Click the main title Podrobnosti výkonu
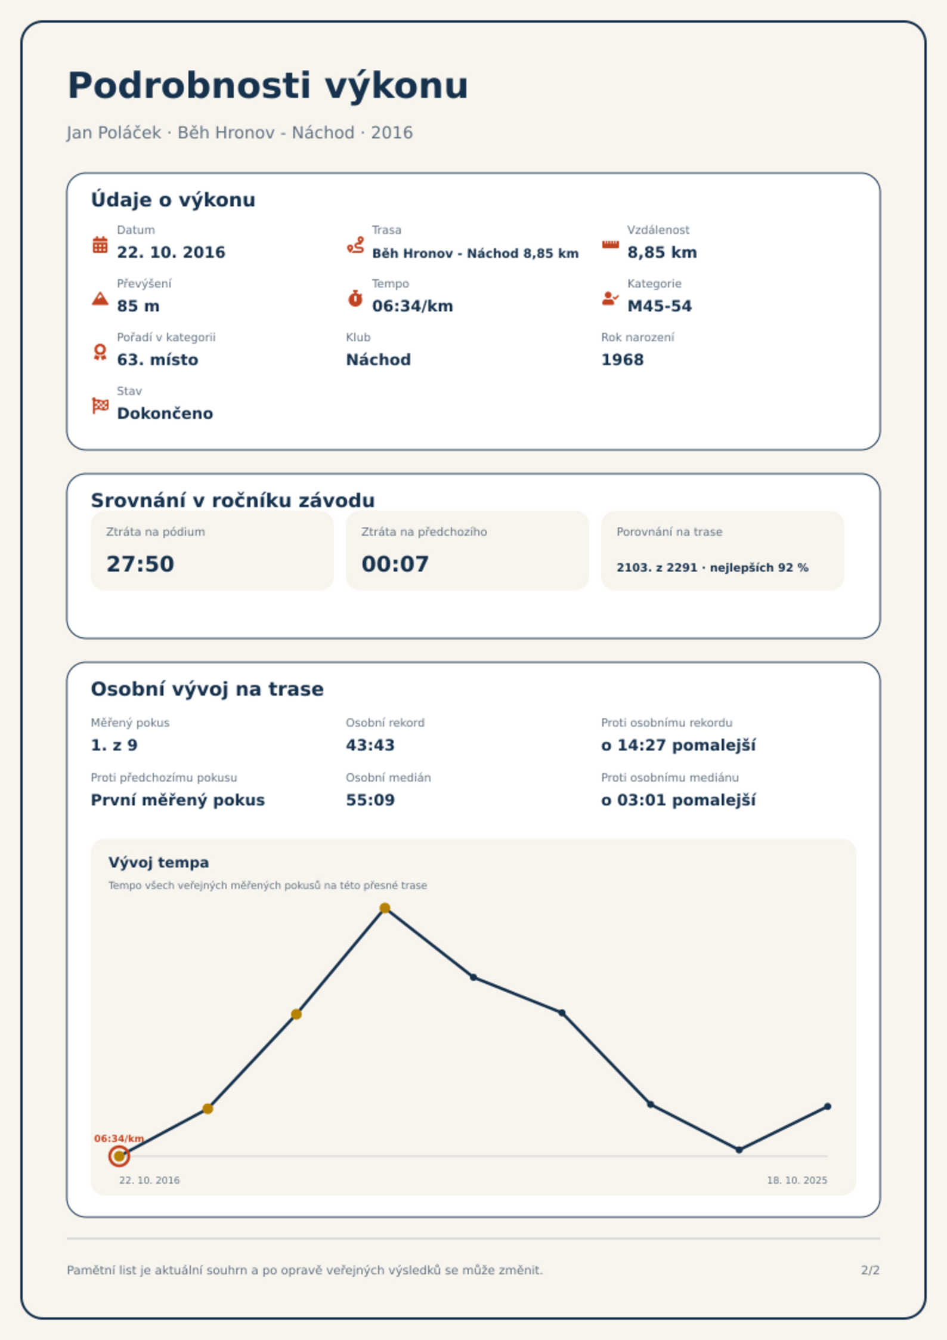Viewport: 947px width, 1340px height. point(268,85)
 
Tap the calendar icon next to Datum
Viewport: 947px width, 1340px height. point(100,245)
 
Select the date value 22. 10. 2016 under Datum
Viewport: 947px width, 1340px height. point(171,252)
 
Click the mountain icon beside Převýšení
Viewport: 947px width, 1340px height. point(100,298)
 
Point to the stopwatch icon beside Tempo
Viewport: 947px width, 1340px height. point(355,298)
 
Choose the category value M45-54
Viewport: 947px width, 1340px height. point(660,306)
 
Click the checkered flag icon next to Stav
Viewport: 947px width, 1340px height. point(100,406)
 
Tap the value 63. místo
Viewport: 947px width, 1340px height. point(157,360)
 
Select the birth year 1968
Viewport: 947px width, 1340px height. point(623,360)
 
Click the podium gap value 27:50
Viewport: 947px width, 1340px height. point(140,564)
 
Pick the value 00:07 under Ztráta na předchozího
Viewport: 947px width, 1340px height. point(395,564)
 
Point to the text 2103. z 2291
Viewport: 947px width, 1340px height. point(657,567)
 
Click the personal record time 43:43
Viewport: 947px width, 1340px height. point(370,745)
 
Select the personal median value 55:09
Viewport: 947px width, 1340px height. point(370,800)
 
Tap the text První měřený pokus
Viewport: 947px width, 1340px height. point(178,800)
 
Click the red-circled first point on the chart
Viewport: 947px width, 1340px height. point(119,1156)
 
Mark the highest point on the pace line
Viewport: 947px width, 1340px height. point(385,908)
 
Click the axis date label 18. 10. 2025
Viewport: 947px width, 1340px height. point(797,1180)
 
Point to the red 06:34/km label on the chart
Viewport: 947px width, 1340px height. point(119,1138)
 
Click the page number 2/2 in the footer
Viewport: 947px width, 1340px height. point(870,1270)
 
